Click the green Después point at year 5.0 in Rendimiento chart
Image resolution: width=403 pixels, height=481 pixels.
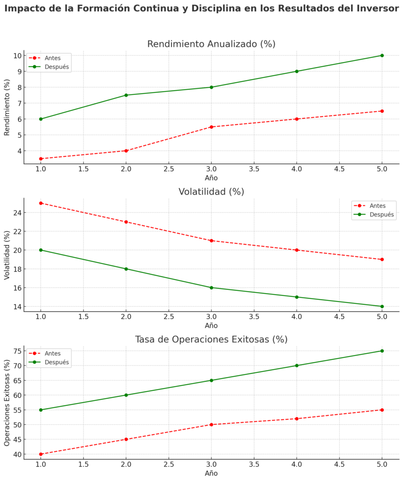pyautogui.click(x=382, y=55)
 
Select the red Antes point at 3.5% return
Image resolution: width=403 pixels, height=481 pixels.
pyautogui.click(x=41, y=159)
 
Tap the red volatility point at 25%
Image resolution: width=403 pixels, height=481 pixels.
pyautogui.click(x=41, y=203)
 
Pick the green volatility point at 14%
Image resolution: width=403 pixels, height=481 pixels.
pyautogui.click(x=382, y=306)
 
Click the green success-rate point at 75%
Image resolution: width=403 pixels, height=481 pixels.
pyautogui.click(x=382, y=351)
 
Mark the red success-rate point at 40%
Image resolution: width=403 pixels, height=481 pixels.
pyautogui.click(x=41, y=454)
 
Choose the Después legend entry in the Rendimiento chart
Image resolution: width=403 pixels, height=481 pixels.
pyautogui.click(x=56, y=67)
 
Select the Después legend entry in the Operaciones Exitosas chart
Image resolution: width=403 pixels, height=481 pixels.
pyautogui.click(x=56, y=362)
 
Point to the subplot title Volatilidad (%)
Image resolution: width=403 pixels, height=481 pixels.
pyautogui.click(x=211, y=192)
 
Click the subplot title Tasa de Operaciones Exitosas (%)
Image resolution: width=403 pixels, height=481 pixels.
pyautogui.click(x=211, y=339)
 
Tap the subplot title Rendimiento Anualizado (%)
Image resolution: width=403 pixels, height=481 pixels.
pyautogui.click(x=211, y=44)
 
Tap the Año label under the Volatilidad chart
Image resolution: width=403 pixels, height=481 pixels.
pyautogui.click(x=211, y=326)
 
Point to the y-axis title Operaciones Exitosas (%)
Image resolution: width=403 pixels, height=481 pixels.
pyautogui.click(x=7, y=403)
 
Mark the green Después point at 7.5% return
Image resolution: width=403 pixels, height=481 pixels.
pyautogui.click(x=126, y=95)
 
